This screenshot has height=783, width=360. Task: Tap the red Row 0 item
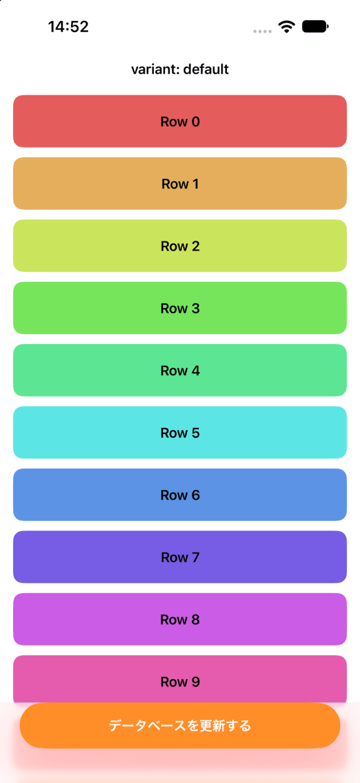[180, 121]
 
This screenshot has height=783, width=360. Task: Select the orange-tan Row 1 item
[180, 183]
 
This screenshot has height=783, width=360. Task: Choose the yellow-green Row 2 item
[180, 246]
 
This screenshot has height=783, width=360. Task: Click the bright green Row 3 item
[180, 308]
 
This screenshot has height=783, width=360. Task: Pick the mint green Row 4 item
[180, 370]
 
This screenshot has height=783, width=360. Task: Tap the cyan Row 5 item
[180, 433]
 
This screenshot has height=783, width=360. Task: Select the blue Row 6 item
[180, 495]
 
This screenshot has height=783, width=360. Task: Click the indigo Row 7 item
[180, 557]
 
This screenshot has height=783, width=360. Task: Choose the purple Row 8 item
[180, 619]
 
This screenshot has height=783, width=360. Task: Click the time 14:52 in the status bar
[68, 27]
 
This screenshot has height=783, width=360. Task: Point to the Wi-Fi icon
[286, 27]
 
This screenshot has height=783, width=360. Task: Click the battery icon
[315, 27]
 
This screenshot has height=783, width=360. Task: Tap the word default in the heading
[206, 69]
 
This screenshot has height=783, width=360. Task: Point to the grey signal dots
[262, 31]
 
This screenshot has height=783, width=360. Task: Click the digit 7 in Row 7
[196, 557]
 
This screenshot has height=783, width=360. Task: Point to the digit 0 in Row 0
[196, 121]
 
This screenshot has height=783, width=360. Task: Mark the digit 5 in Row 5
[196, 433]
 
